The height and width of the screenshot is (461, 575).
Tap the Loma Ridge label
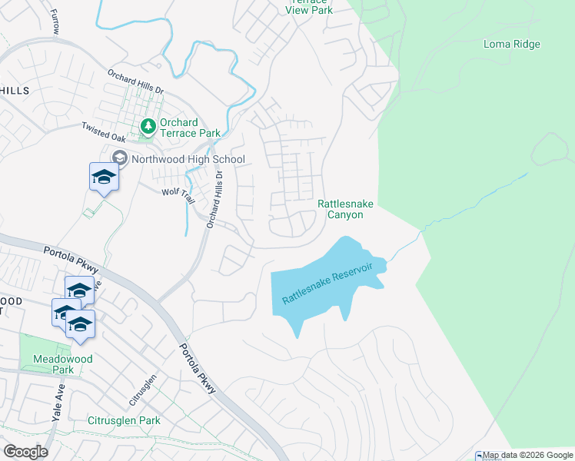(x=511, y=44)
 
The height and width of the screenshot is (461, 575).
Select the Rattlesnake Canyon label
(x=341, y=209)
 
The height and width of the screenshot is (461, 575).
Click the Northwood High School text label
(x=188, y=160)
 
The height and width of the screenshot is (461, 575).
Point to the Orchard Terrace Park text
(x=189, y=128)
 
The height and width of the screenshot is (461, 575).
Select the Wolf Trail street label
(x=178, y=194)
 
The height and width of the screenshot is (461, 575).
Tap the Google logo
(x=25, y=451)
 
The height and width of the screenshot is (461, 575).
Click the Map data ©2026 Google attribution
(x=528, y=456)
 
